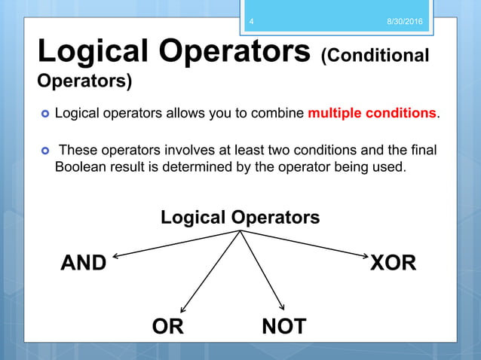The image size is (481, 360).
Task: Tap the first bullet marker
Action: click(x=44, y=114)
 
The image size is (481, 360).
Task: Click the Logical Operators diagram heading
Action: click(x=240, y=218)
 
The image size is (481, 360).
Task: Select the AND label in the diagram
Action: click(x=83, y=264)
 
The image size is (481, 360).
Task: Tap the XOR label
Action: click(x=393, y=264)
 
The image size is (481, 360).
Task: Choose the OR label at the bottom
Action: click(x=167, y=326)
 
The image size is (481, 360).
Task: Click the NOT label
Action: click(x=284, y=326)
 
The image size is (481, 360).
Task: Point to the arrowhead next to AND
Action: click(x=116, y=256)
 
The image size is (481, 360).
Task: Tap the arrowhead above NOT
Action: click(x=281, y=307)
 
